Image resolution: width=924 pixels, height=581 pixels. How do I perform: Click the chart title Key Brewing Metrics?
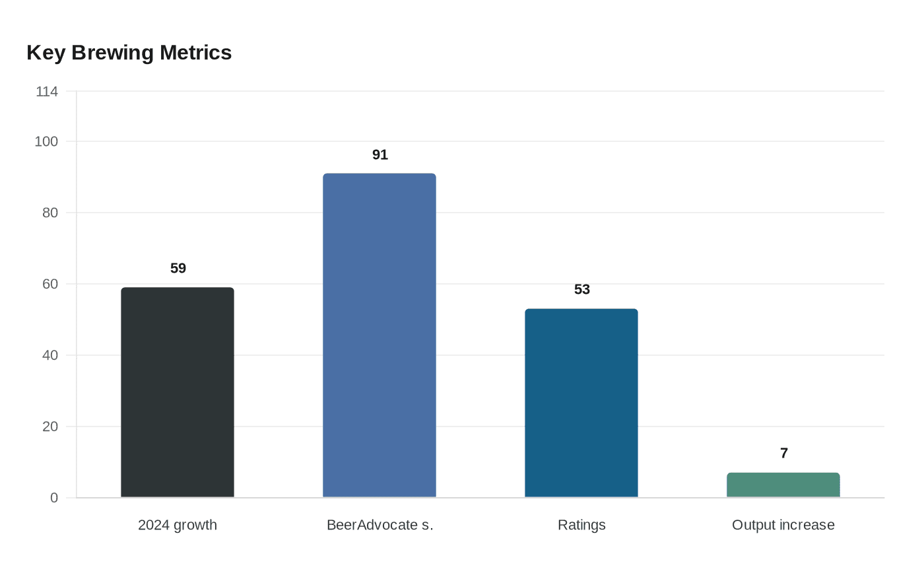pyautogui.click(x=129, y=53)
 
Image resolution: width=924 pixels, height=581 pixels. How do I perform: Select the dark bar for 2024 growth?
pyautogui.click(x=178, y=392)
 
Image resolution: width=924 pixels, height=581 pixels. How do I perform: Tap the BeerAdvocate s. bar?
pyautogui.click(x=379, y=335)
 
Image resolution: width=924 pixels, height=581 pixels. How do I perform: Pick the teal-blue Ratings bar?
pyautogui.click(x=581, y=403)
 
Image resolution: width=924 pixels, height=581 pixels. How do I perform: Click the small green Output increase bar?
pyautogui.click(x=783, y=485)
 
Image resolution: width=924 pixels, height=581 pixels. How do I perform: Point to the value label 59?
pyautogui.click(x=178, y=268)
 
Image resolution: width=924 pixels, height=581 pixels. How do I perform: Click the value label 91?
pyautogui.click(x=380, y=154)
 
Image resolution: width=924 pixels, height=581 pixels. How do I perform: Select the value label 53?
pyautogui.click(x=582, y=289)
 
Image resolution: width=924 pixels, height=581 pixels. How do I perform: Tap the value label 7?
pyautogui.click(x=784, y=453)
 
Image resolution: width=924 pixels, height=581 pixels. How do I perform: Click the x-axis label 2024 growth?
pyautogui.click(x=178, y=525)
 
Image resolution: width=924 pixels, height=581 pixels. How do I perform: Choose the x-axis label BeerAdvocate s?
pyautogui.click(x=380, y=525)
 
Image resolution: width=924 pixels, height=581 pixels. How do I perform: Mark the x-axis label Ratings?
pyautogui.click(x=581, y=525)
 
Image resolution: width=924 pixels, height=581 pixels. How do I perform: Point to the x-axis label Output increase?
pyautogui.click(x=783, y=525)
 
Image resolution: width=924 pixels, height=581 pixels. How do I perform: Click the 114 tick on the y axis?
pyautogui.click(x=47, y=92)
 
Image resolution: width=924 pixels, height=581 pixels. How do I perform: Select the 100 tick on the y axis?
pyautogui.click(x=46, y=141)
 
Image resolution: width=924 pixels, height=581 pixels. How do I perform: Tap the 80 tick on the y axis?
pyautogui.click(x=50, y=213)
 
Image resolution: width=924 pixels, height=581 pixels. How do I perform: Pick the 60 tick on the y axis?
pyautogui.click(x=50, y=284)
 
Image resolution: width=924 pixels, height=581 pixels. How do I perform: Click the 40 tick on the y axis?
pyautogui.click(x=50, y=355)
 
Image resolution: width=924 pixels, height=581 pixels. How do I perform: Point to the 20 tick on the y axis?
pyautogui.click(x=50, y=427)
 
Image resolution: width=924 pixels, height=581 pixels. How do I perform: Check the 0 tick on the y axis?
pyautogui.click(x=54, y=498)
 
